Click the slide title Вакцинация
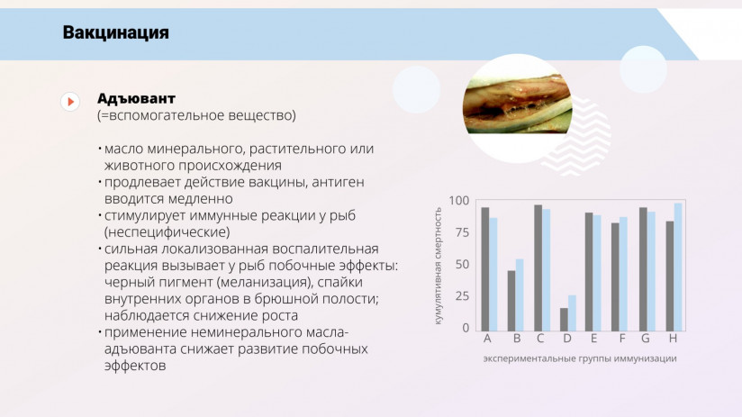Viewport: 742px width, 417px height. (x=116, y=33)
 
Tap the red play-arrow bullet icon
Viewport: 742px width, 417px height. (x=70, y=102)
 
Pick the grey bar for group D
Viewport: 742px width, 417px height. (x=564, y=319)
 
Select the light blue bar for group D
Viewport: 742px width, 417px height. (x=573, y=313)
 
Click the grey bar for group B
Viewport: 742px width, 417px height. (x=511, y=300)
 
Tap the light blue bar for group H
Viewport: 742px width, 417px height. (x=678, y=267)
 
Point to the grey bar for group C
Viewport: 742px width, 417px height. (x=538, y=267)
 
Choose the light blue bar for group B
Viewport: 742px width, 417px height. (x=520, y=295)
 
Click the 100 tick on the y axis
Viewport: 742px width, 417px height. (x=459, y=201)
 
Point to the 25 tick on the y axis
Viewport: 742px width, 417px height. (x=462, y=295)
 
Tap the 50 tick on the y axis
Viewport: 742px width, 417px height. (x=462, y=264)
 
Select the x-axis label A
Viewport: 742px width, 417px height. (x=487, y=340)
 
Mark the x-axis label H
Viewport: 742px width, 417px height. (x=673, y=340)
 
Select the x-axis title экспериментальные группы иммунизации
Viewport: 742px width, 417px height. (x=579, y=358)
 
